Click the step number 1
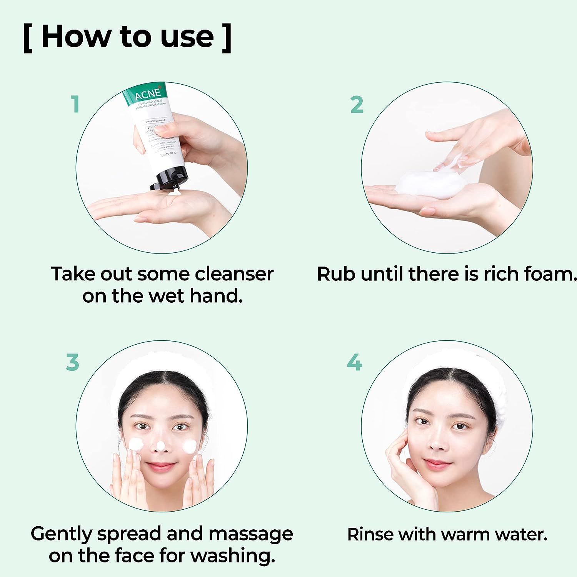75,104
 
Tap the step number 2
357,105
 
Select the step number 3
72,362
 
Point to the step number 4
354,362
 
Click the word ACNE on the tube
147,93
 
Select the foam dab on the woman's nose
161,446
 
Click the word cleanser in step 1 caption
234,274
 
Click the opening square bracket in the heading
28,38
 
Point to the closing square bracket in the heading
227,38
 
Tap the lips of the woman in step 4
437,464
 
